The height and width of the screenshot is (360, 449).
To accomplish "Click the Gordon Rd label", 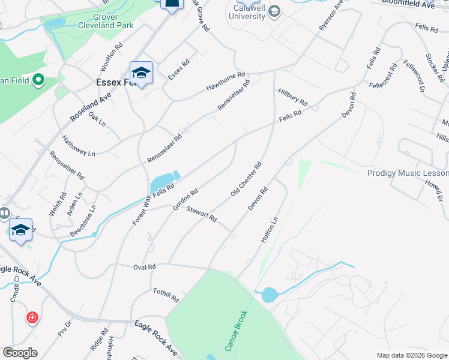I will click(x=185, y=200).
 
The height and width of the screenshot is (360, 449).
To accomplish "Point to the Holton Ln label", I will click(x=270, y=229).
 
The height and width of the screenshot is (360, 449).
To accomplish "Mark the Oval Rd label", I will click(x=144, y=266).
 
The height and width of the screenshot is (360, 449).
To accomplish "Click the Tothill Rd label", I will click(x=166, y=294).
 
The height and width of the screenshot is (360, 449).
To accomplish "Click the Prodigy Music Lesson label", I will click(x=408, y=173).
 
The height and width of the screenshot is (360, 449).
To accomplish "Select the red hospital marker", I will click(x=32, y=317).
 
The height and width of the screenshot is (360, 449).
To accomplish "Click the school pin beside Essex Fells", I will click(x=141, y=74).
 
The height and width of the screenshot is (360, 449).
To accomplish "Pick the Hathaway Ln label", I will click(x=79, y=146).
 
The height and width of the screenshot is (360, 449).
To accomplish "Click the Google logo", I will click(x=20, y=352).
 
